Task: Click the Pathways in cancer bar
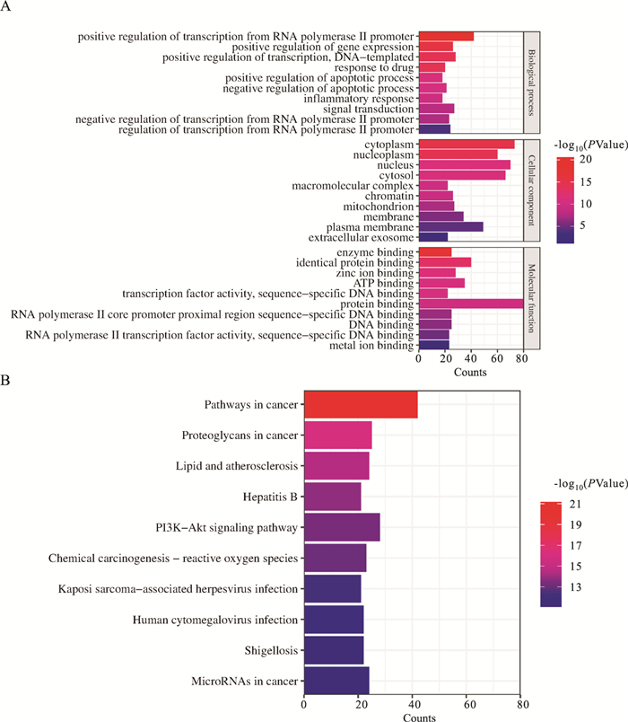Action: [361, 405]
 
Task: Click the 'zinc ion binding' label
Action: [378, 272]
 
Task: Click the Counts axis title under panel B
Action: [413, 717]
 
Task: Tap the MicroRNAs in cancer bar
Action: [336, 680]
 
